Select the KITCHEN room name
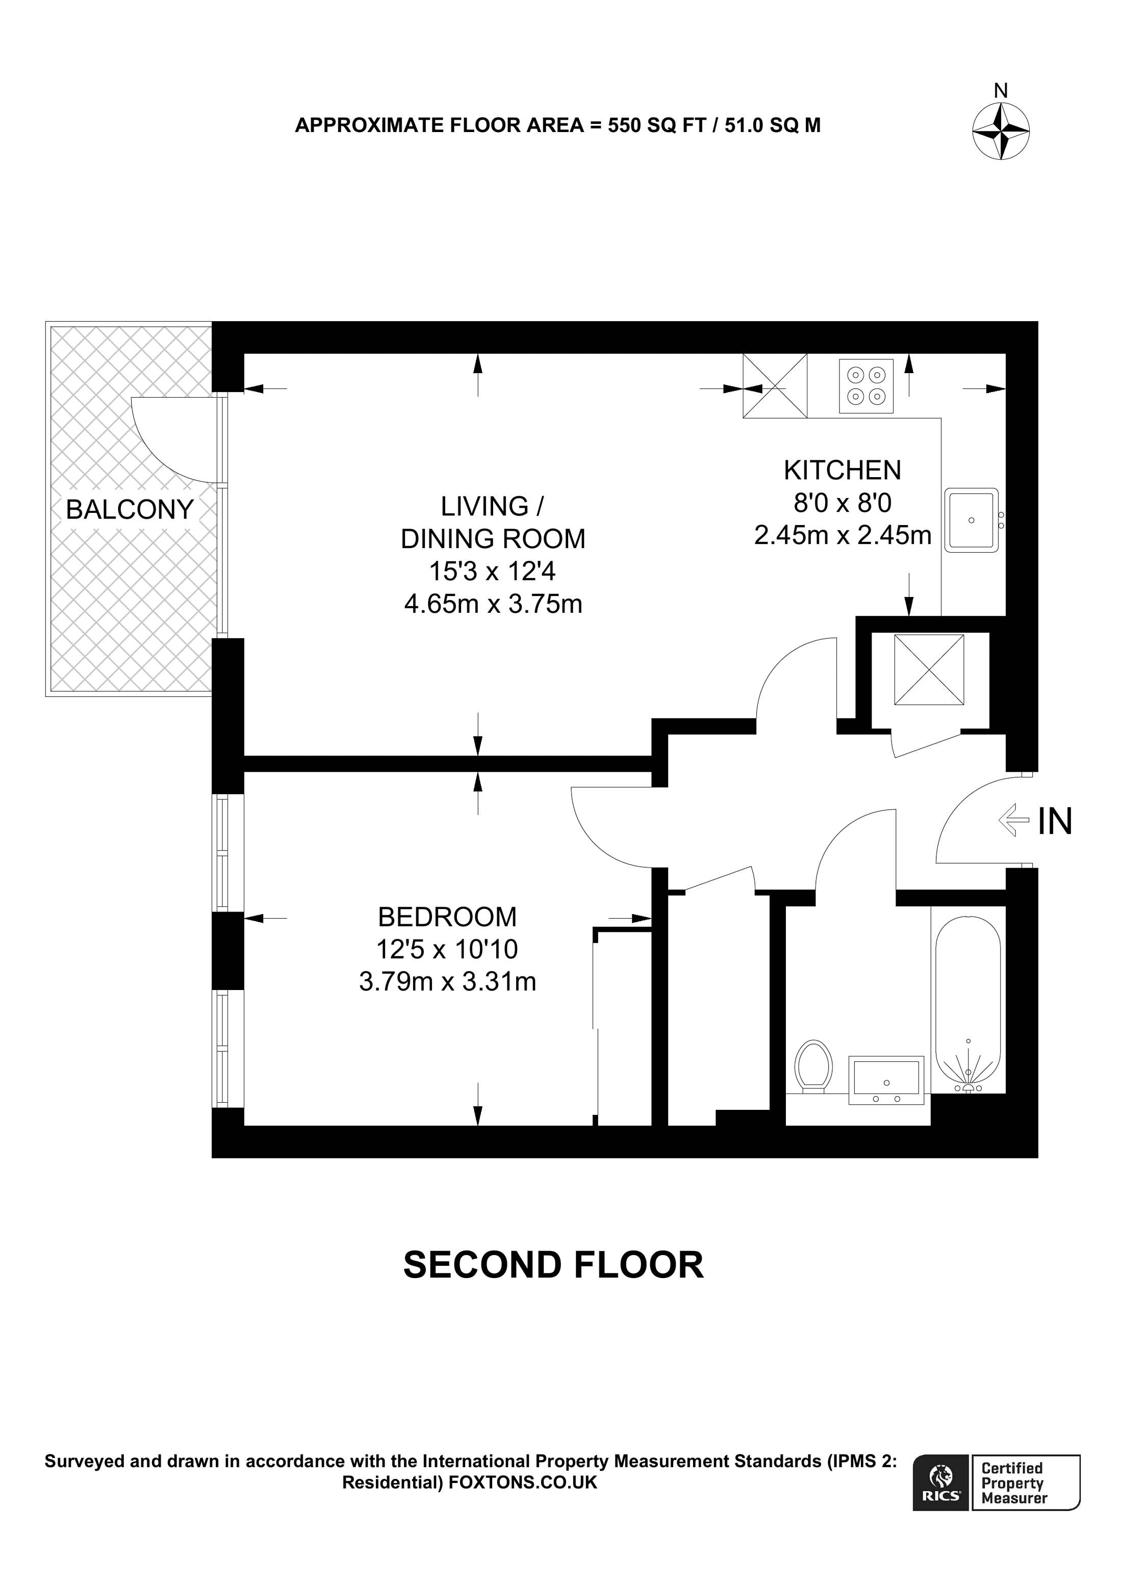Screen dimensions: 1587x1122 (842, 470)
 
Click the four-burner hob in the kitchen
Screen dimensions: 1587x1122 (866, 386)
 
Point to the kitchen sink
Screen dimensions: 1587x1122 (971, 520)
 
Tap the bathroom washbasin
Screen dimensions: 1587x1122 (886, 1080)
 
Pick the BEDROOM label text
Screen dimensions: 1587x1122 (447, 917)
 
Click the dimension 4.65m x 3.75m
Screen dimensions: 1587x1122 (493, 604)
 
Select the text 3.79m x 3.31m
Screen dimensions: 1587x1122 (447, 981)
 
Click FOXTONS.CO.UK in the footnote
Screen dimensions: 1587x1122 (523, 1482)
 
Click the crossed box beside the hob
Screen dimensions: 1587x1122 (775, 386)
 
